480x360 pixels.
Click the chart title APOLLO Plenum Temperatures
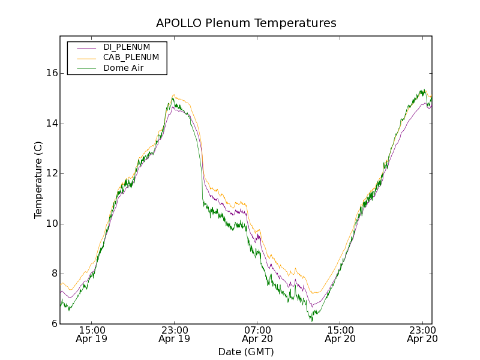click(246, 23)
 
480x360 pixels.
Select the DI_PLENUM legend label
click(127, 47)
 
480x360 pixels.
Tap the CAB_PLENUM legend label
click(131, 58)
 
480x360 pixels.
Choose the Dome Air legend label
click(124, 68)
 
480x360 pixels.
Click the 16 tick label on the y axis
click(52, 73)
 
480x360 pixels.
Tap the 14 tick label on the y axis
click(52, 124)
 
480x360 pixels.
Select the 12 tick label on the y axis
click(52, 173)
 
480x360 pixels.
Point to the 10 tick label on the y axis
click(52, 224)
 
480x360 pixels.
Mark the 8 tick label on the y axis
click(55, 274)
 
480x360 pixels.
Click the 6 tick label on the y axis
click(55, 324)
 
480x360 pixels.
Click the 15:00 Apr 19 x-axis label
click(92, 334)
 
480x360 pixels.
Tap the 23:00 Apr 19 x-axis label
click(175, 334)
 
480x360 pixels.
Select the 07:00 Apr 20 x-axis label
click(257, 334)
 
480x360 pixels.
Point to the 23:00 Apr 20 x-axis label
click(422, 334)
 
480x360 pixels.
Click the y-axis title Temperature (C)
click(38, 180)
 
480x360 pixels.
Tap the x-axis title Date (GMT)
click(246, 352)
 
